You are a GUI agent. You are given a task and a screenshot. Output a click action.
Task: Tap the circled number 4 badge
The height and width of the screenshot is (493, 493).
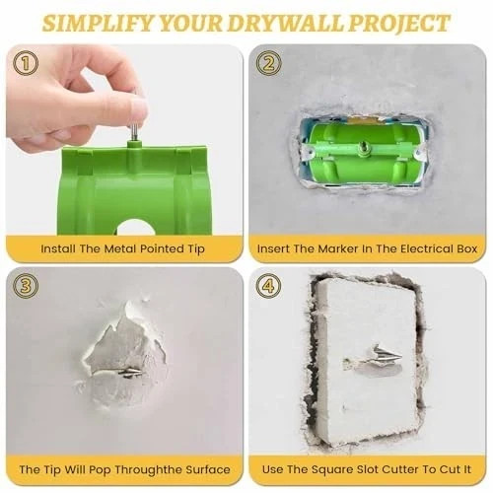click(266, 287)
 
